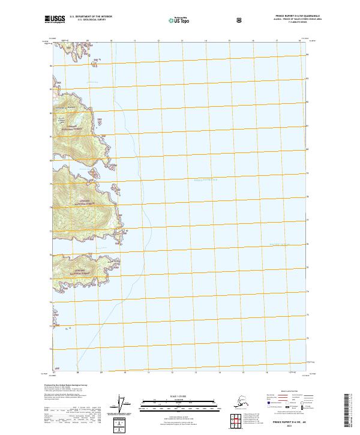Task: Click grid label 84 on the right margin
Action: point(309,55)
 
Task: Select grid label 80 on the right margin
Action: point(309,149)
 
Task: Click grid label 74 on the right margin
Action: point(309,292)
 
